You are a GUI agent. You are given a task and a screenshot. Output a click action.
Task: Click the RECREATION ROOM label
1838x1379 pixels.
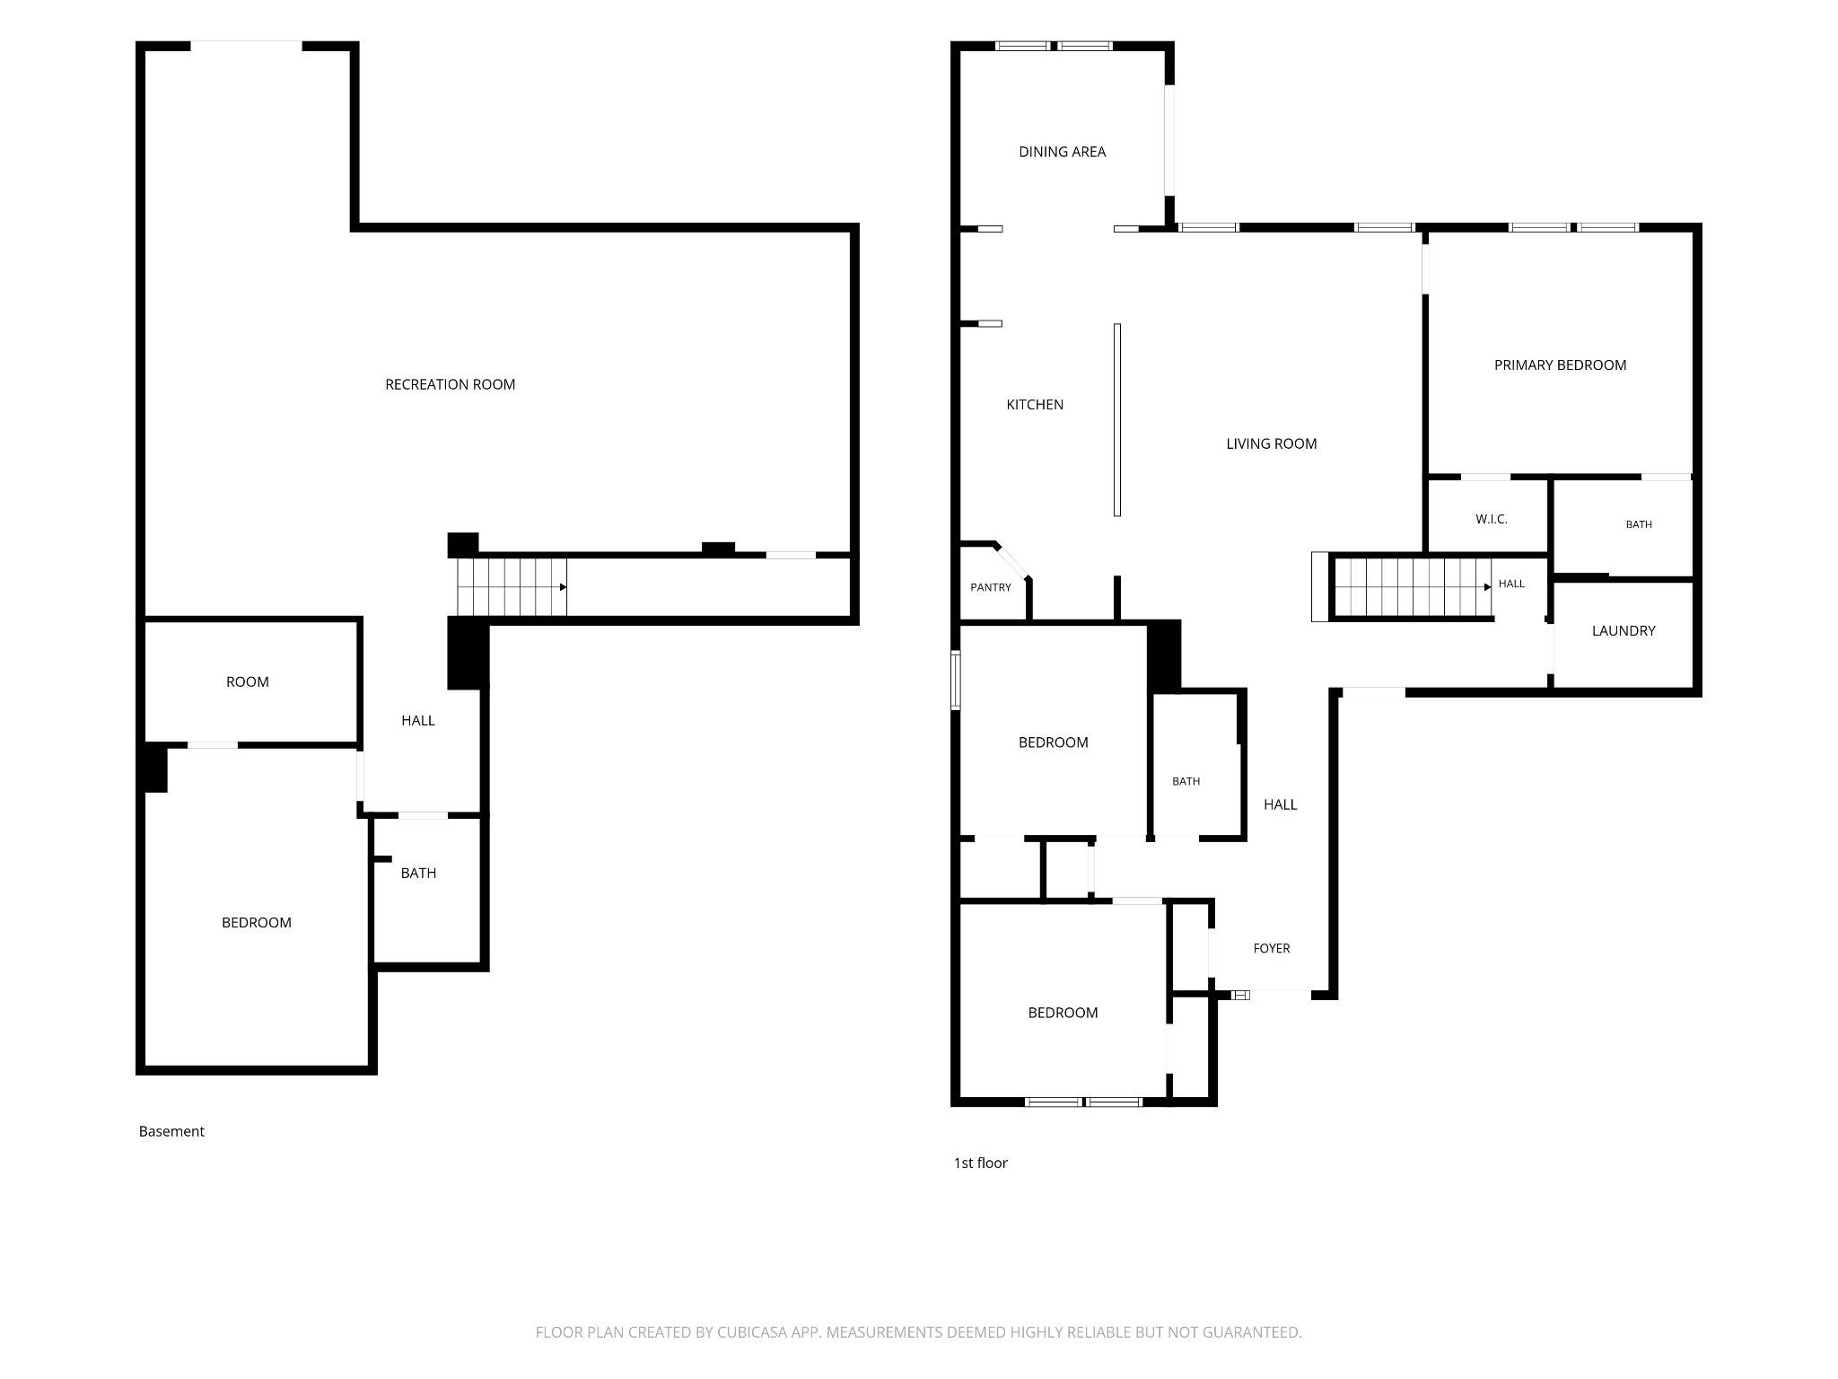coord(450,384)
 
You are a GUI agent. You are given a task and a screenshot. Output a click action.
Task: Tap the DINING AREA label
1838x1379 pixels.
coord(1062,152)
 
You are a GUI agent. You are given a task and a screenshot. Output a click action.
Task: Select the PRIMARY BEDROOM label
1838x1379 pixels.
coord(1560,365)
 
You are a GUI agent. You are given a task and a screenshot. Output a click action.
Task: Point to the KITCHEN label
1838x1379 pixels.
coord(1035,405)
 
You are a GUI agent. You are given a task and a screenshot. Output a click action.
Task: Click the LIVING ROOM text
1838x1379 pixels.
coord(1272,444)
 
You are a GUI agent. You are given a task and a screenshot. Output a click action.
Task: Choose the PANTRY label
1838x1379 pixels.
coord(991,587)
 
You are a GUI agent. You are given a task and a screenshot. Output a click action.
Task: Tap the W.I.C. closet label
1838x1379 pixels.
coord(1492,519)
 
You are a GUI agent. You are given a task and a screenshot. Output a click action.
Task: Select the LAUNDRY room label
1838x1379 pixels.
coord(1624,630)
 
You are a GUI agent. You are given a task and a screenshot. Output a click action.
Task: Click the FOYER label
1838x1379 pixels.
coord(1272,948)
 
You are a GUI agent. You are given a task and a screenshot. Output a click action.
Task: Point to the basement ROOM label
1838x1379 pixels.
coord(248,682)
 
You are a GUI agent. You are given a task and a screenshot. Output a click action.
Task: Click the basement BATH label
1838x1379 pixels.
coord(418,873)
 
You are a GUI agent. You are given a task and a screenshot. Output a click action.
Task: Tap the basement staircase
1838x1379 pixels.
coord(512,587)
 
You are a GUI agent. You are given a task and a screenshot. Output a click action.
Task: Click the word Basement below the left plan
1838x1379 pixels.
coord(171,1131)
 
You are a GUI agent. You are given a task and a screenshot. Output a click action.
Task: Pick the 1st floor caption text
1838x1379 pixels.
coord(980,1163)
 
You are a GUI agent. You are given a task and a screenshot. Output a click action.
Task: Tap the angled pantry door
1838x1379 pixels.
coord(1013,560)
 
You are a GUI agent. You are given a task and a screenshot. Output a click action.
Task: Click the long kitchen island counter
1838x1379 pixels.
coord(1117,420)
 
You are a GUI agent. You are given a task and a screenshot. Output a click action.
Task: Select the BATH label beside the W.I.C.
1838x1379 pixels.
coord(1639,524)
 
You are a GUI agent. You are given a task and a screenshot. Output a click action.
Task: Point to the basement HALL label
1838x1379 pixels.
coord(418,720)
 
